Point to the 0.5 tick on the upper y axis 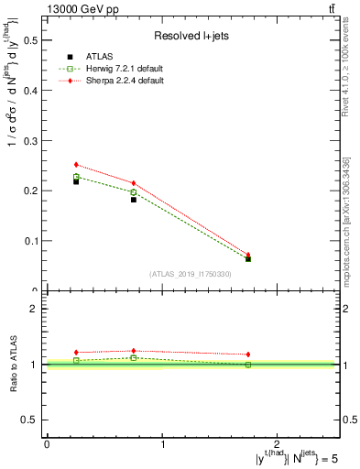33,40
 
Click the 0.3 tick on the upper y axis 33,140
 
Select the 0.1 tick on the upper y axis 33,241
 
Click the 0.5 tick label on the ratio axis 33,420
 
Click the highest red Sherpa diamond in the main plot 76,165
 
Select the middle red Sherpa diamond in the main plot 134,183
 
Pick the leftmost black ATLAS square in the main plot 76,181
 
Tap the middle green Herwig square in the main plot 134,192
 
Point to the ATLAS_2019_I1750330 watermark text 191,274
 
